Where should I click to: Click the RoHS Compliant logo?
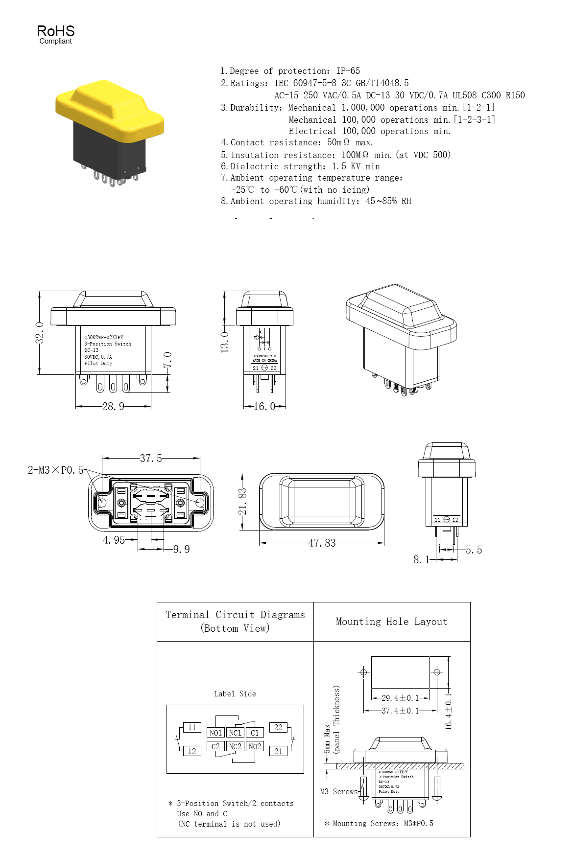tap(55, 34)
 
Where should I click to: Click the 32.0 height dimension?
tap(40, 333)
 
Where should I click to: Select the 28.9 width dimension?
tap(113, 406)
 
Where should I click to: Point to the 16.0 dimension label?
tap(264, 406)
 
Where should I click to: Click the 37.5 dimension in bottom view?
tap(151, 458)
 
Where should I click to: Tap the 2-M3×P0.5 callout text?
tap(55, 470)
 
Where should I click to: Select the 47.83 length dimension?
tap(322, 543)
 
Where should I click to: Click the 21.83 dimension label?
tap(242, 501)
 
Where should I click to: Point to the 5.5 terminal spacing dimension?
tap(474, 550)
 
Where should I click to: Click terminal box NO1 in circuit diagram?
tap(215, 733)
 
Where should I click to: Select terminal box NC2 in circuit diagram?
tap(235, 746)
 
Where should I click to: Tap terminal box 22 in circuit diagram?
tap(278, 728)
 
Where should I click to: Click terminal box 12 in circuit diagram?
tap(192, 751)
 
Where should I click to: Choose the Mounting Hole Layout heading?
tap(391, 622)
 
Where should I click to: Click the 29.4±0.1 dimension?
tap(400, 698)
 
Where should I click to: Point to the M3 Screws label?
tap(339, 791)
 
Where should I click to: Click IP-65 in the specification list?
tap(348, 70)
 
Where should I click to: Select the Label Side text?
tap(235, 693)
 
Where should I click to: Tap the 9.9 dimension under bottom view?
tap(181, 549)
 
